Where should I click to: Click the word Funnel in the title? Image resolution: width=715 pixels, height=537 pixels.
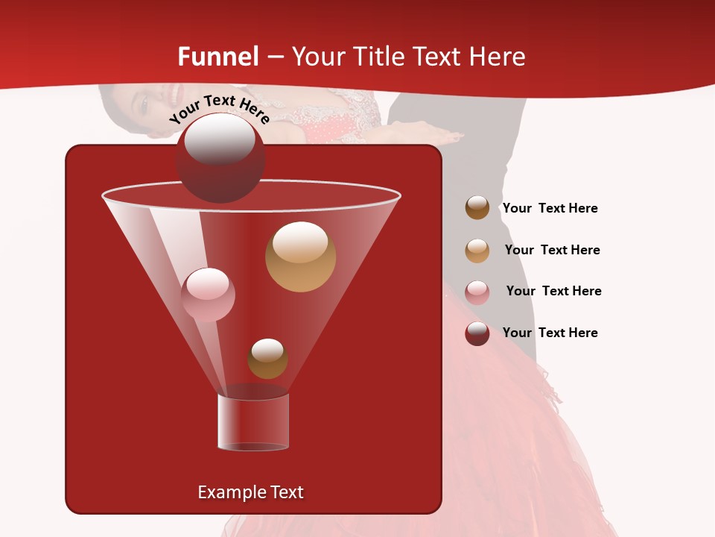click(x=218, y=57)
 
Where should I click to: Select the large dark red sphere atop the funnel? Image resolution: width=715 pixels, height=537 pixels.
click(x=220, y=157)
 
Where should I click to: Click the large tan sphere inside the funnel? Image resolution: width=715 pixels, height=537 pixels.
click(x=300, y=257)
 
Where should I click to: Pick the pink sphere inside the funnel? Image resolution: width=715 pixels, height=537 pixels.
click(x=208, y=295)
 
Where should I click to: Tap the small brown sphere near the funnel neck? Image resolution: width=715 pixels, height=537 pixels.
click(x=267, y=359)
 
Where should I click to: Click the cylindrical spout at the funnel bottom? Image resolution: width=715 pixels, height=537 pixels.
click(x=253, y=421)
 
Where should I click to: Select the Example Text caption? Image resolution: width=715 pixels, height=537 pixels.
click(x=250, y=492)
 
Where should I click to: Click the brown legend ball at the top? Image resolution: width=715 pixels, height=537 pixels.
click(x=477, y=208)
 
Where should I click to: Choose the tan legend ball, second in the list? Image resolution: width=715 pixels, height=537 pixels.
click(x=477, y=251)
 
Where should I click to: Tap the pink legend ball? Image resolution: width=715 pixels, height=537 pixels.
click(x=477, y=292)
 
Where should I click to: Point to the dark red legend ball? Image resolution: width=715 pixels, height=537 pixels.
click(x=477, y=333)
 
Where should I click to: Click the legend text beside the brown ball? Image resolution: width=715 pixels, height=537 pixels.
click(x=550, y=209)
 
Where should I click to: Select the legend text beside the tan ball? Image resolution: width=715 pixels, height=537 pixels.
click(x=552, y=251)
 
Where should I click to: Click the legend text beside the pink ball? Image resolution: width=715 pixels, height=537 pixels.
click(x=553, y=292)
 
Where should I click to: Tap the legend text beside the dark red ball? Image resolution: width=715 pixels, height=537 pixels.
click(x=550, y=333)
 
